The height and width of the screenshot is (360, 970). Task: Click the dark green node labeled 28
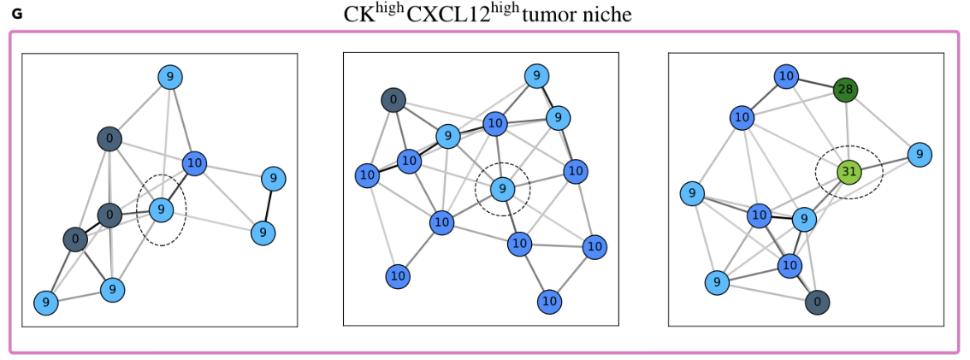pyautogui.click(x=845, y=90)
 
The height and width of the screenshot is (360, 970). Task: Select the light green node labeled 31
pyautogui.click(x=849, y=173)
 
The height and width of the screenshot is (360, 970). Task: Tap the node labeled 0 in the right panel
pyautogui.click(x=818, y=301)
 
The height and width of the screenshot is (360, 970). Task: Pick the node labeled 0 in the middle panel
pyautogui.click(x=393, y=100)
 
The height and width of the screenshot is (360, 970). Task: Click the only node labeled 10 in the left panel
pyautogui.click(x=194, y=163)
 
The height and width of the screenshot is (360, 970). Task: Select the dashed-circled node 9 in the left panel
pyautogui.click(x=161, y=209)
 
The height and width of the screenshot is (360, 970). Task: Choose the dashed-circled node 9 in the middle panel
pyautogui.click(x=503, y=188)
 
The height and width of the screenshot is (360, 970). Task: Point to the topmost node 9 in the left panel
pyautogui.click(x=170, y=78)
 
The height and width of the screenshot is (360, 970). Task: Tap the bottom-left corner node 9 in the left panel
pyautogui.click(x=45, y=302)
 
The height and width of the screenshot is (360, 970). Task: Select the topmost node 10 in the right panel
pyautogui.click(x=786, y=77)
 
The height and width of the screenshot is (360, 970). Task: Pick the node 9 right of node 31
pyautogui.click(x=919, y=155)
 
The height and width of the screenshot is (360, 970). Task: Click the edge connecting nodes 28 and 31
pyautogui.click(x=847, y=131)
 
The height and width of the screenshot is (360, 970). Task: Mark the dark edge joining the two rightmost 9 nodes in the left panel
pyautogui.click(x=269, y=205)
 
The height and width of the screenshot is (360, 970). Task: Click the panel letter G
pyautogui.click(x=17, y=15)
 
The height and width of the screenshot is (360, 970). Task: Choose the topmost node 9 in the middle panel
pyautogui.click(x=536, y=76)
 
